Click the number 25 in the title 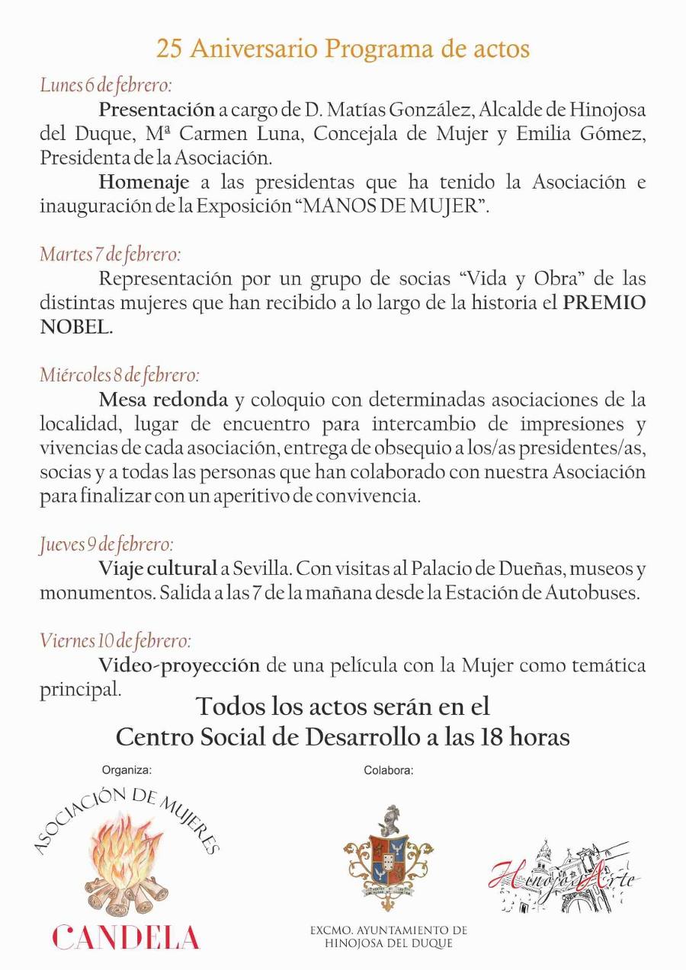pos(170,49)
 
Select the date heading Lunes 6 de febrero pos(106,85)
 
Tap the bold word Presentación pos(156,110)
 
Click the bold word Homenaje pos(144,183)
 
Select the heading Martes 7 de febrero pos(110,254)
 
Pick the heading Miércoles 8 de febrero pos(120,375)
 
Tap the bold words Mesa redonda pos(163,400)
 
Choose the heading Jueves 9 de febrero pos(107,545)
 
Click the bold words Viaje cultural pos(158,569)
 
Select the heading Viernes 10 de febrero pos(115,641)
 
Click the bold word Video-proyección pos(179,665)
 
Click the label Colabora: pos(388,770)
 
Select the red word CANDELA pos(126,937)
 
